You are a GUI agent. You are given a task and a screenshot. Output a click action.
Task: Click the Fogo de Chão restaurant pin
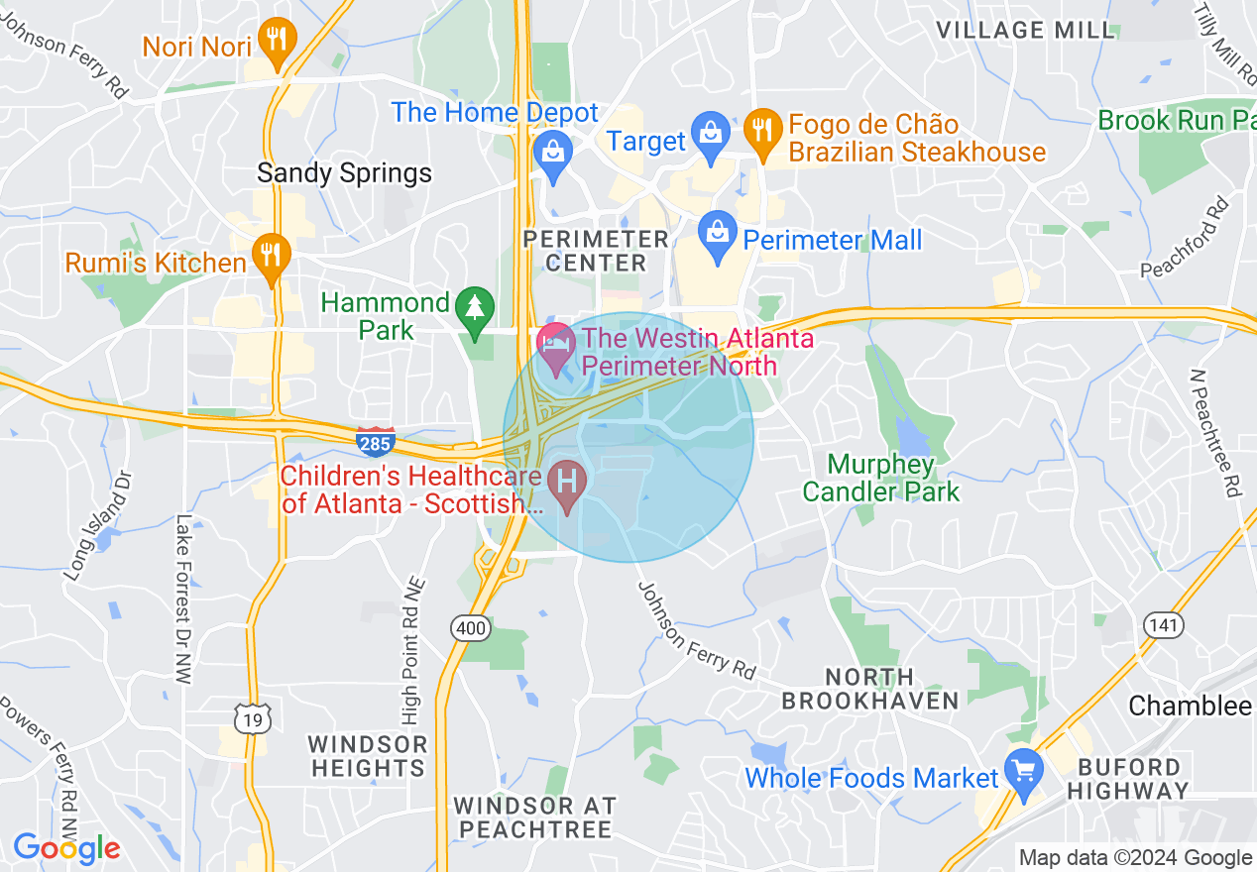click(x=762, y=133)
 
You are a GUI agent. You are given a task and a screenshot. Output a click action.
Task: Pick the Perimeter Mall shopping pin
click(x=716, y=237)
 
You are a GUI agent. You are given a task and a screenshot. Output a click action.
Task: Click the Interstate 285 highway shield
click(x=376, y=442)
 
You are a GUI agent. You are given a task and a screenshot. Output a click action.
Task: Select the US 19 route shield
click(x=255, y=718)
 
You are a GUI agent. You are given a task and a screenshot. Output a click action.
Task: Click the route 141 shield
click(x=1161, y=624)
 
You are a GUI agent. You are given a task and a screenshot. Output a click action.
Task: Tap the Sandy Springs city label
click(x=344, y=172)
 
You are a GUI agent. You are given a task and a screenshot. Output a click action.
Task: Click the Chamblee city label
click(x=1190, y=706)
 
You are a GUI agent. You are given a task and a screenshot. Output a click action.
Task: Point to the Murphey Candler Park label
click(x=880, y=477)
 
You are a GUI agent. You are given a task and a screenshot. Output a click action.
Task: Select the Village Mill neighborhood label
click(x=1026, y=30)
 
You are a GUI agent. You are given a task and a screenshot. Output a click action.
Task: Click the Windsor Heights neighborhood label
click(x=367, y=755)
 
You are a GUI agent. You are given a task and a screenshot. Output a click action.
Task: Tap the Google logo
click(x=65, y=848)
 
